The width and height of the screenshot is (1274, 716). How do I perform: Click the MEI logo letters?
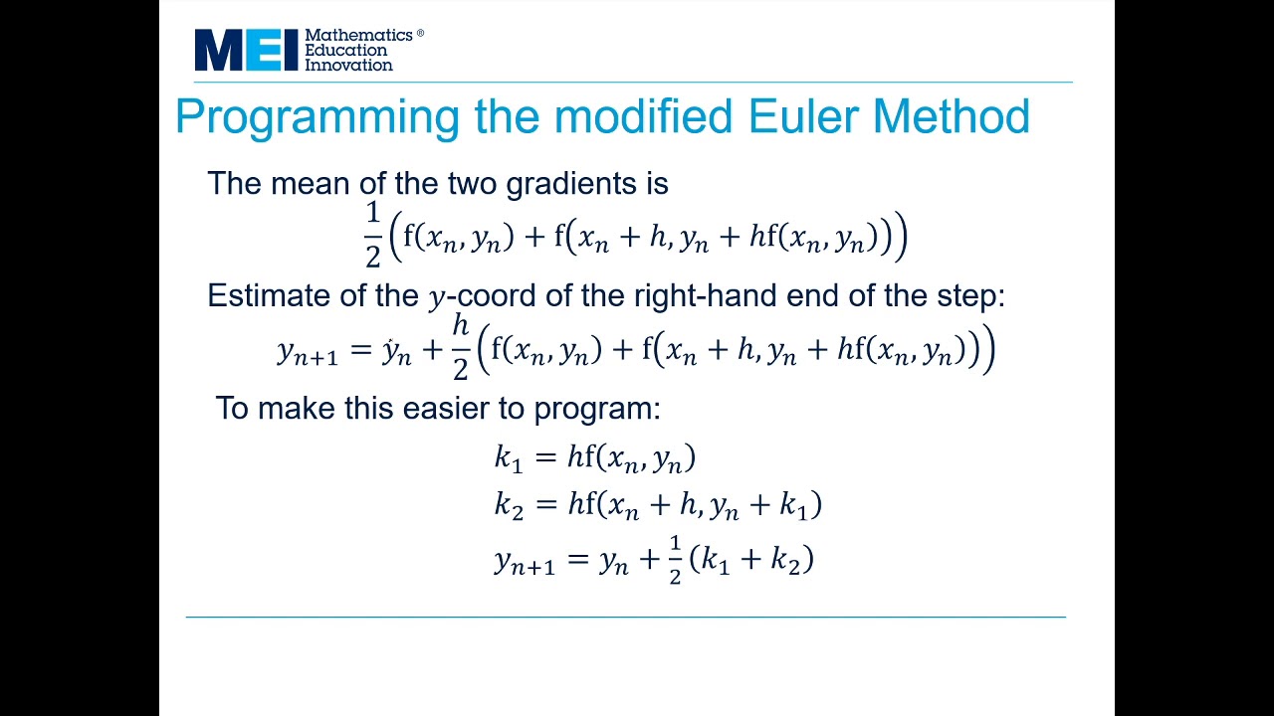(246, 50)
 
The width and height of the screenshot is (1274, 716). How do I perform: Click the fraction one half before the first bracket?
(372, 235)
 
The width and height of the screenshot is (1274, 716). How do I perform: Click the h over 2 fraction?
(460, 347)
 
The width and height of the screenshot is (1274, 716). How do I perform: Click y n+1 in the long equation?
(308, 352)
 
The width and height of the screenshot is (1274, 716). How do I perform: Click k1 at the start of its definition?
(508, 457)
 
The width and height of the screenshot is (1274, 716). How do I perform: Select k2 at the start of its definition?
(508, 505)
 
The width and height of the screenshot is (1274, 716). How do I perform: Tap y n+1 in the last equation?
(524, 562)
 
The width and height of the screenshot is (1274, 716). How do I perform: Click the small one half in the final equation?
(675, 560)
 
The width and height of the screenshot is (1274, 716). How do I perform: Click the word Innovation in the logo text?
(348, 65)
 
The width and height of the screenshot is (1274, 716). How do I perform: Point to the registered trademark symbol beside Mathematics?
(420, 33)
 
